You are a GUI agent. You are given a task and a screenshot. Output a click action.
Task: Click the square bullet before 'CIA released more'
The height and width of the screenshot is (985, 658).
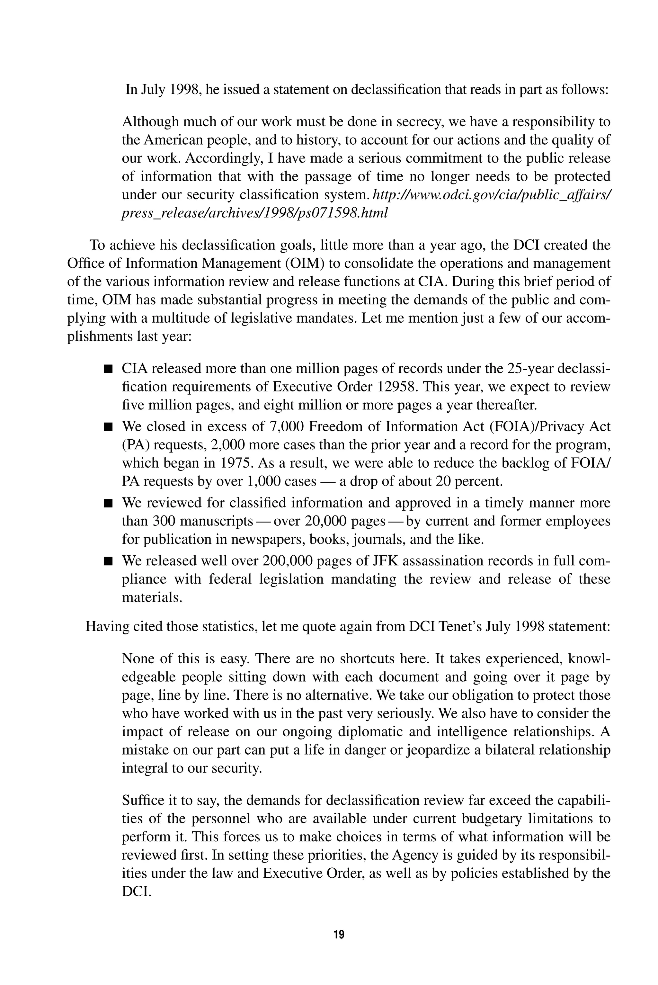click(109, 369)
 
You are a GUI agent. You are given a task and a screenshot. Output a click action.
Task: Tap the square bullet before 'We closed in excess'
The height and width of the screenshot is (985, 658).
click(109, 427)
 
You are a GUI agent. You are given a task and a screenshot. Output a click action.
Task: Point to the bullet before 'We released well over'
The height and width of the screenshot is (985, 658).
click(109, 561)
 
